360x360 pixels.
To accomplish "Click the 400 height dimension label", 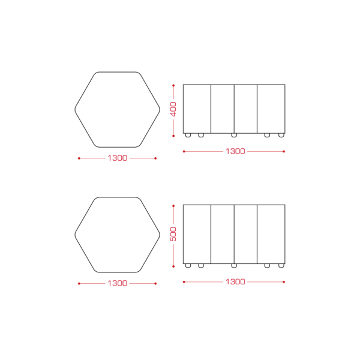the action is point(173,109).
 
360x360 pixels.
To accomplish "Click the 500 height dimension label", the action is point(173,234).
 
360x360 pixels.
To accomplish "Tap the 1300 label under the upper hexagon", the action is point(118,158).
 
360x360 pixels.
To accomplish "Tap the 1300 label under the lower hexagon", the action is point(118,283).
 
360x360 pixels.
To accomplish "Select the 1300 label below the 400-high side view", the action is point(235,151).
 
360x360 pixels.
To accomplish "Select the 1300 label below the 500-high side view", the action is point(235,282).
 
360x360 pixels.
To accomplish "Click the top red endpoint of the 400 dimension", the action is point(173,85).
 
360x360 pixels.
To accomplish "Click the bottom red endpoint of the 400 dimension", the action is point(173,136).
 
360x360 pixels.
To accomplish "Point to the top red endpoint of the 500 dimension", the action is point(173,206).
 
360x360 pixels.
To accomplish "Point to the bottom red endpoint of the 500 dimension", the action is point(173,266).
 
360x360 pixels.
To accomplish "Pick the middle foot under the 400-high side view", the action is point(234,135).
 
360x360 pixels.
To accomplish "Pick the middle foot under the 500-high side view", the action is point(234,266).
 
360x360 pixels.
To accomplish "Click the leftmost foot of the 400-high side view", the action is point(188,135).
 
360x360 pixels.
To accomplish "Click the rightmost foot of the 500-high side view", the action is point(281,266).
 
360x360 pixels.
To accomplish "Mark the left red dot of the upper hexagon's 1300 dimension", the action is point(79,158).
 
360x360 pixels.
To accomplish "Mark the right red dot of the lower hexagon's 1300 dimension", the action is point(155,284).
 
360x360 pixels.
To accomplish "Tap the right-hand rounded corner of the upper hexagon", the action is point(160,110).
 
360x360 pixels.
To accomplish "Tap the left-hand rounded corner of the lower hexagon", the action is point(76,235).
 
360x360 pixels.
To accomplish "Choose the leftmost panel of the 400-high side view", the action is point(197,109).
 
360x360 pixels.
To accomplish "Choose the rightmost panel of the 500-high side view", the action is point(271,234).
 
